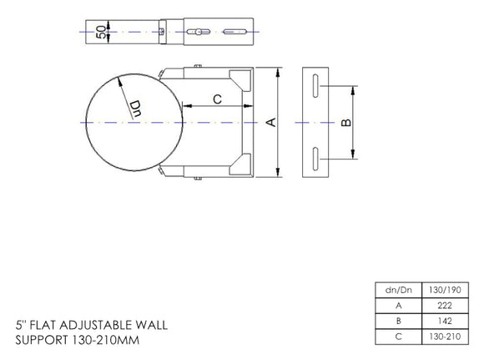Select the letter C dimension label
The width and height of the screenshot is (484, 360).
click(217, 99)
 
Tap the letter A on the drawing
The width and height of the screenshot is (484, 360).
click(270, 122)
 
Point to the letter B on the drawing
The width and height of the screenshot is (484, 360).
click(347, 122)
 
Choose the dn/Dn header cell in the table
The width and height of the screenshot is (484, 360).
click(397, 290)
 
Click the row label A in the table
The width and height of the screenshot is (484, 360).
click(397, 305)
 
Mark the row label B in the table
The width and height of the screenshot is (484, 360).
click(397, 321)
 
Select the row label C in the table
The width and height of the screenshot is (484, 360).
click(397, 337)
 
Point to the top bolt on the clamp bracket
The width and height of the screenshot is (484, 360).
click(198, 65)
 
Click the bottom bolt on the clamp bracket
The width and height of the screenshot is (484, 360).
click(198, 178)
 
